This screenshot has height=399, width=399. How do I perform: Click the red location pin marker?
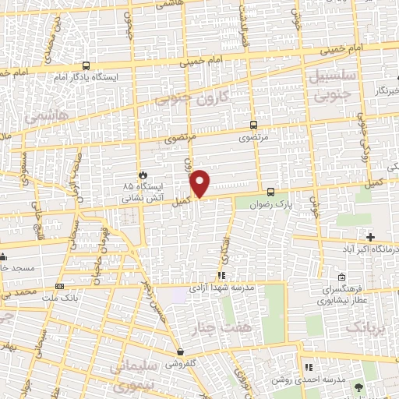tap(200, 183)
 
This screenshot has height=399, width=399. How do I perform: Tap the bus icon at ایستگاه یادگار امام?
tap(85, 66)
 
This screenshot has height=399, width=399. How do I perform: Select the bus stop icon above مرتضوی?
tap(253, 124)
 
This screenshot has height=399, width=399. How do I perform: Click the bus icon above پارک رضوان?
tap(270, 191)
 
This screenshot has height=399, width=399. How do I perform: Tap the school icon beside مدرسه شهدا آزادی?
tap(222, 275)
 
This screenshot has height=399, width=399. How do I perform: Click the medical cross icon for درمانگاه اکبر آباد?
tap(370, 237)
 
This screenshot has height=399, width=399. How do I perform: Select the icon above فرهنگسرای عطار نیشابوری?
tap(343, 277)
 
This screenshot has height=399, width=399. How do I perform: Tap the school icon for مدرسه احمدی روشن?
tap(308, 366)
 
